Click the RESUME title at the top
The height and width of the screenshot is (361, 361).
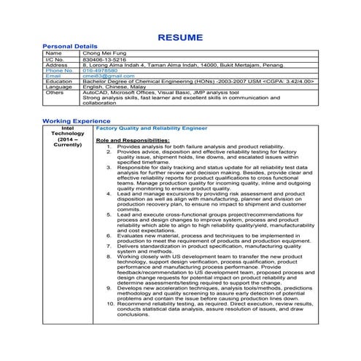[x=180, y=36]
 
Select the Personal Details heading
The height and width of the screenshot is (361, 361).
[x=70, y=46]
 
